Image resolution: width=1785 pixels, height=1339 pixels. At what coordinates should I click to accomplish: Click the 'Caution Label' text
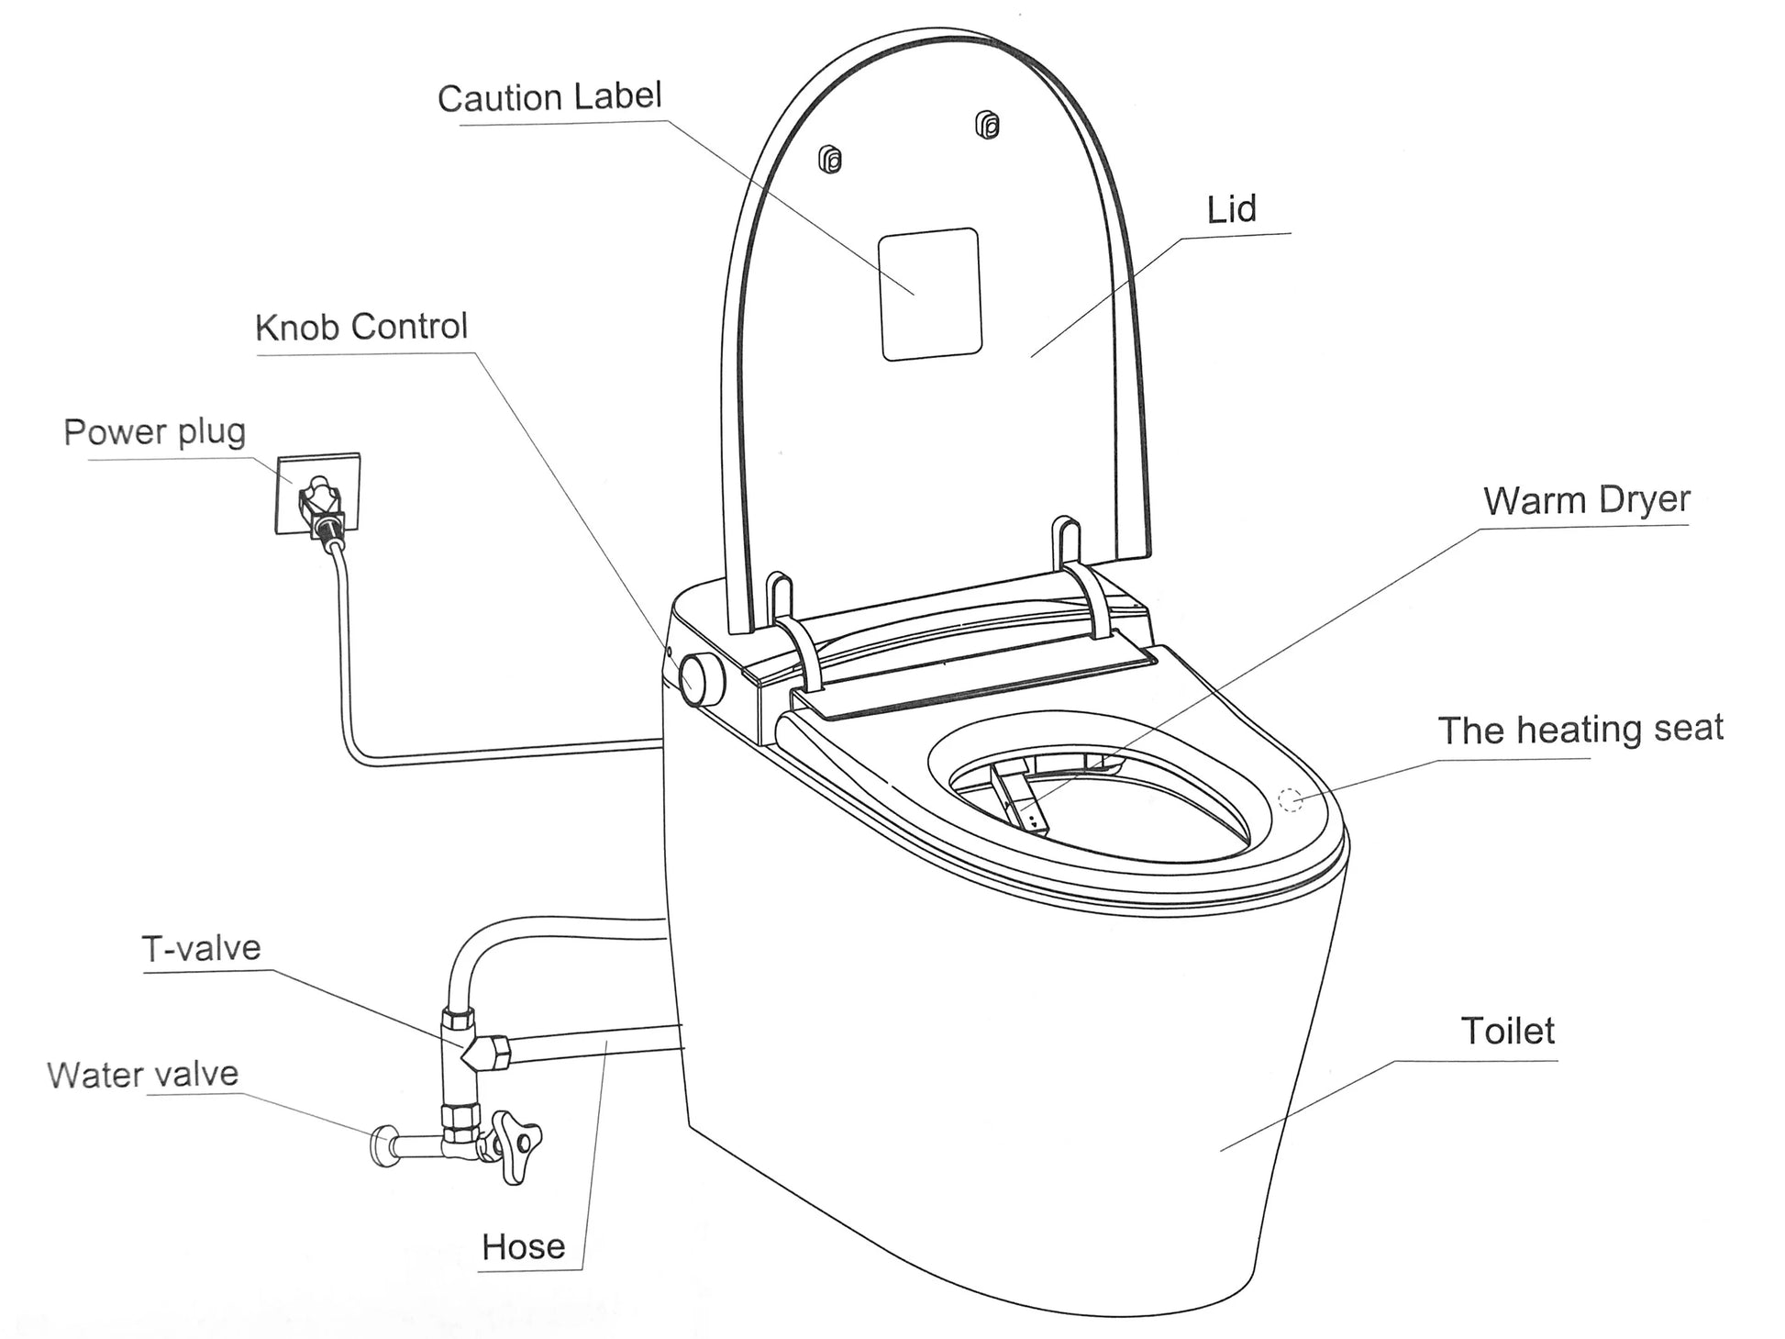pos(549,97)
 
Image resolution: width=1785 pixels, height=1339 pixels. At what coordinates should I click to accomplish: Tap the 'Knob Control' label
pos(361,327)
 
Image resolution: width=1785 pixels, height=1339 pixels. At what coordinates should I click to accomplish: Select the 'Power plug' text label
pos(154,432)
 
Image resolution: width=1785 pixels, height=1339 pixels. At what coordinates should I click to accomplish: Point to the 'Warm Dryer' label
pos(1586,501)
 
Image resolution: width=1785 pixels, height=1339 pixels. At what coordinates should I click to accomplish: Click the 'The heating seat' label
pos(1580,730)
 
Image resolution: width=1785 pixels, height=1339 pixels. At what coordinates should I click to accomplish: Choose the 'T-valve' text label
pos(201,948)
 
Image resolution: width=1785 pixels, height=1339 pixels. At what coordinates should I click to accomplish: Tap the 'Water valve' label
pos(142,1075)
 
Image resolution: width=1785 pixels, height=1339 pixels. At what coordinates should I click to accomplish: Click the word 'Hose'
pos(523,1247)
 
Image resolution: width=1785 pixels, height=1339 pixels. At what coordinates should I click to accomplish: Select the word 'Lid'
pos(1231,210)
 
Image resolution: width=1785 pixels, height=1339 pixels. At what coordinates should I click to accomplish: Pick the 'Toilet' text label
pos(1507,1032)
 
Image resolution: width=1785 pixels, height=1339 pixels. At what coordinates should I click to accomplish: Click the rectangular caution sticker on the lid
pos(930,294)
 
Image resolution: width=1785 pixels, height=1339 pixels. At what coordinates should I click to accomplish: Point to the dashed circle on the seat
pos(1292,800)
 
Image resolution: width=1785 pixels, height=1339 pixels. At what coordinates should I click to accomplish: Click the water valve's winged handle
pos(516,1143)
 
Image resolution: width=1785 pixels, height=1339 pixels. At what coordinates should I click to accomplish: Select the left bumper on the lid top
pos(830,161)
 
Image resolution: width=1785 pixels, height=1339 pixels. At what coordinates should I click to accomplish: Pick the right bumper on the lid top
pos(987,124)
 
